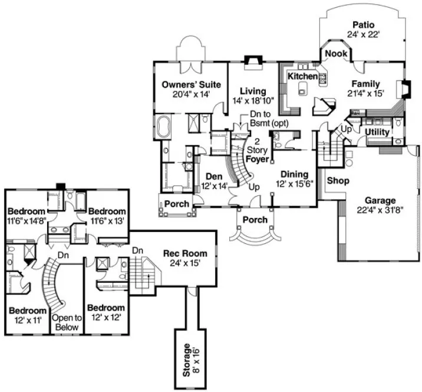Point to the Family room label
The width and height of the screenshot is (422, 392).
click(366, 83)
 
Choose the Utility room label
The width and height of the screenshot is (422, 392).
click(377, 132)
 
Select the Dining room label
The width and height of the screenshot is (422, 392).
click(294, 174)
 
